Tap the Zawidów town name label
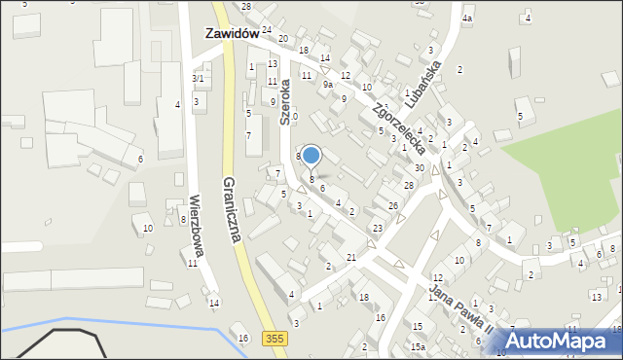(x=231, y=32)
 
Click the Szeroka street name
(x=286, y=102)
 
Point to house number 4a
(x=467, y=18)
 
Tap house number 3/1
(x=198, y=78)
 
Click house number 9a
(x=329, y=85)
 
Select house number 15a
(x=418, y=346)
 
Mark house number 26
(x=392, y=205)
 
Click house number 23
(x=377, y=228)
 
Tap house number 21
(x=351, y=257)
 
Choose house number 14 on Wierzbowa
(x=213, y=303)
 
